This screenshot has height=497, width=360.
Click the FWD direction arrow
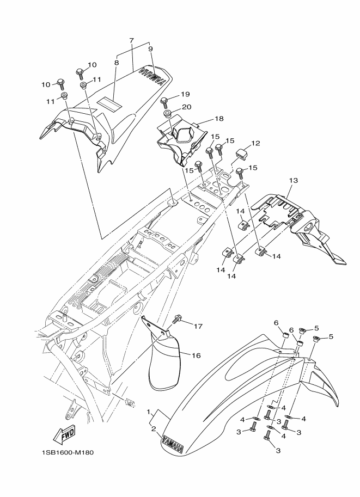pos(64,435)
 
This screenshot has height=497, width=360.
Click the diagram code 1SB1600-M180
pos(67,452)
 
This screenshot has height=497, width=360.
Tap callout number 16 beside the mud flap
pos(196,355)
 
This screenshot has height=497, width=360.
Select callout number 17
pos(198,326)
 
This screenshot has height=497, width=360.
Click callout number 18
pos(219,119)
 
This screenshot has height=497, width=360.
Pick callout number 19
pos(185,94)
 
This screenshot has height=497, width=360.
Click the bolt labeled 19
pos(164,102)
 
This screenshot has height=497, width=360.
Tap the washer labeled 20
pos(167,113)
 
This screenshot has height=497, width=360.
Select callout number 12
pos(255,143)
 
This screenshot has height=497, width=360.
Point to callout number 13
pos(294,180)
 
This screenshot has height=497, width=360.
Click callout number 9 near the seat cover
pos(150,49)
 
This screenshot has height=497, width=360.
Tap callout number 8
pos(117,63)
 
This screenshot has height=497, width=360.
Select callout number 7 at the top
pos(132,40)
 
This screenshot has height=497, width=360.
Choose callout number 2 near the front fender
pos(154,429)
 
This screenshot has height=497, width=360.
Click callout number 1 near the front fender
pos(148,412)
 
